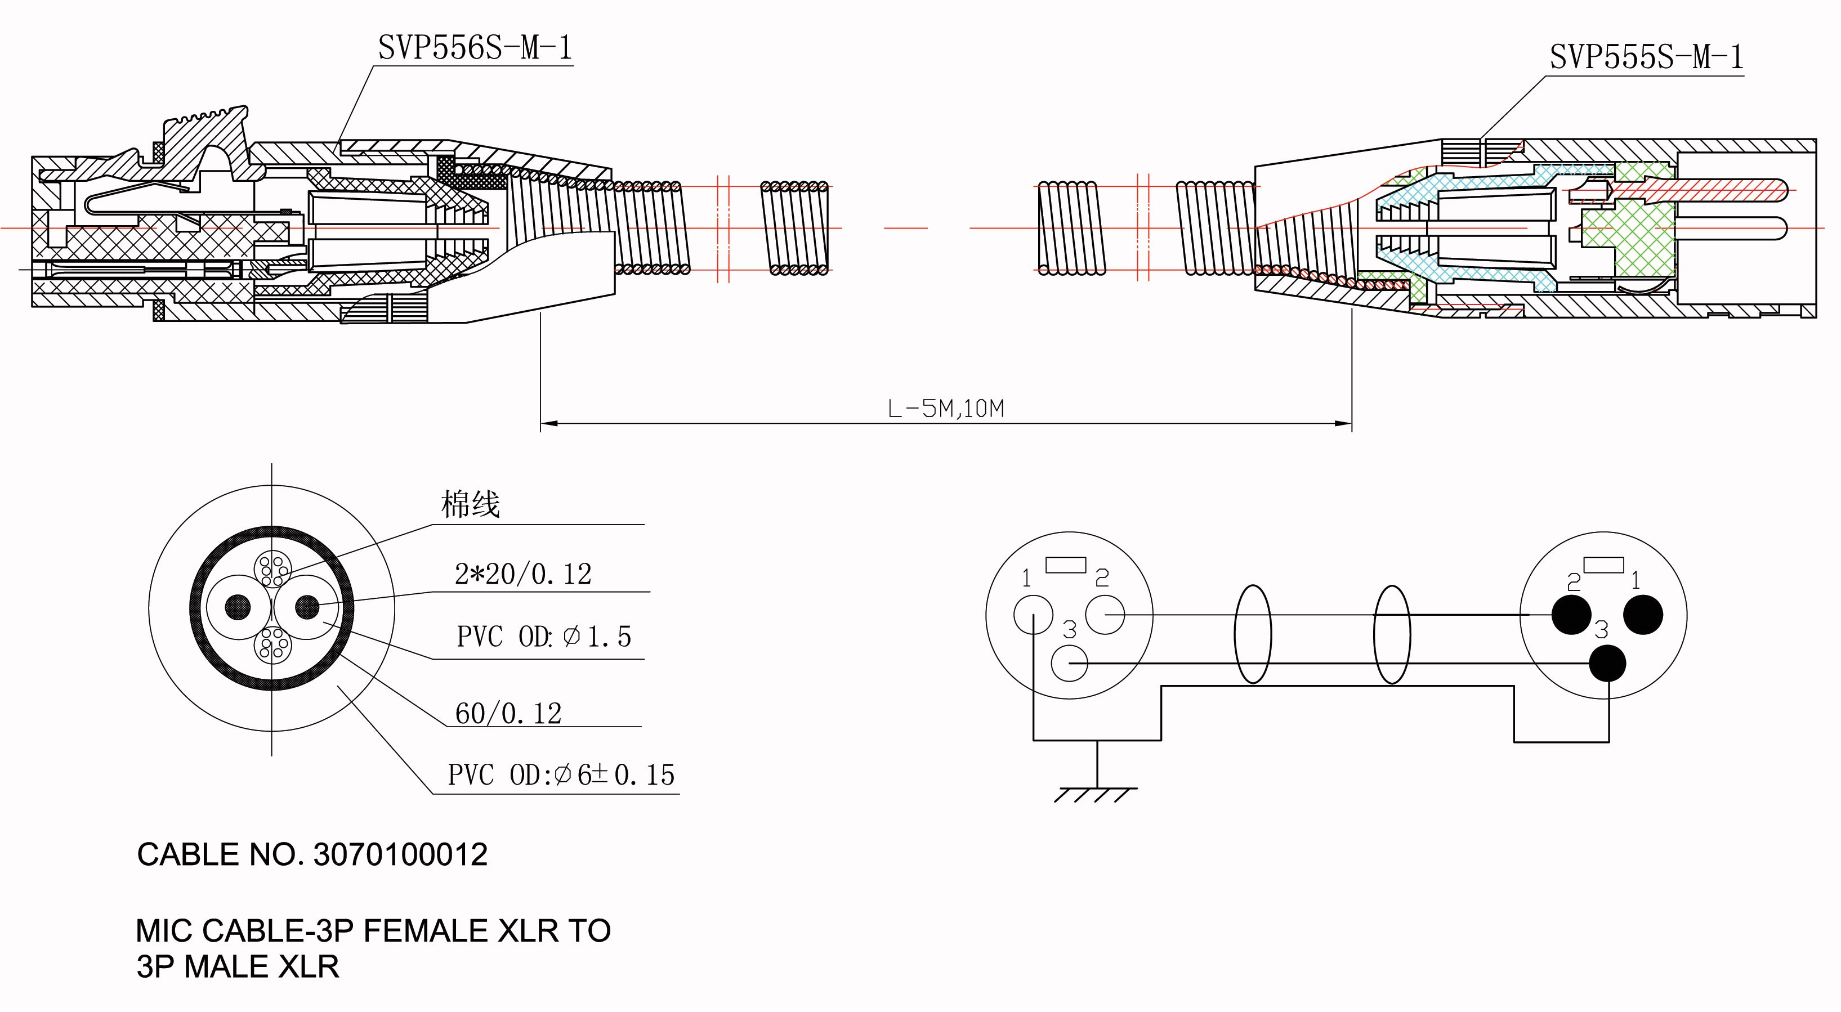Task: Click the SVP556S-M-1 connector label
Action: pyautogui.click(x=475, y=48)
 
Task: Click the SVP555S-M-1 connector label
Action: pyautogui.click(x=1646, y=57)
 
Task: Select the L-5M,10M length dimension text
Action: pyautogui.click(x=945, y=409)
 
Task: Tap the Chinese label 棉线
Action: pyautogui.click(x=470, y=504)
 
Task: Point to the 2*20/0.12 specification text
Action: pyautogui.click(x=523, y=574)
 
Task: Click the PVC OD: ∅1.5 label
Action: pyautogui.click(x=544, y=636)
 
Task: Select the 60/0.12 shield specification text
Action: pyautogui.click(x=508, y=713)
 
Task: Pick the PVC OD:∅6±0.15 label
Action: pyautogui.click(x=561, y=774)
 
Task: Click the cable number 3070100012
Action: pyautogui.click(x=400, y=855)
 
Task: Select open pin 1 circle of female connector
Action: pyautogui.click(x=1034, y=615)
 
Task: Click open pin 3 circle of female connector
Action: pyautogui.click(x=1070, y=663)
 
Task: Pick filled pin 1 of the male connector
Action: pyautogui.click(x=1643, y=615)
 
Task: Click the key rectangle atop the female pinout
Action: pyautogui.click(x=1066, y=565)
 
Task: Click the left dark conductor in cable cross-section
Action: pyautogui.click(x=238, y=607)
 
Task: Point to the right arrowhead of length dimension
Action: pyautogui.click(x=1343, y=424)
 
